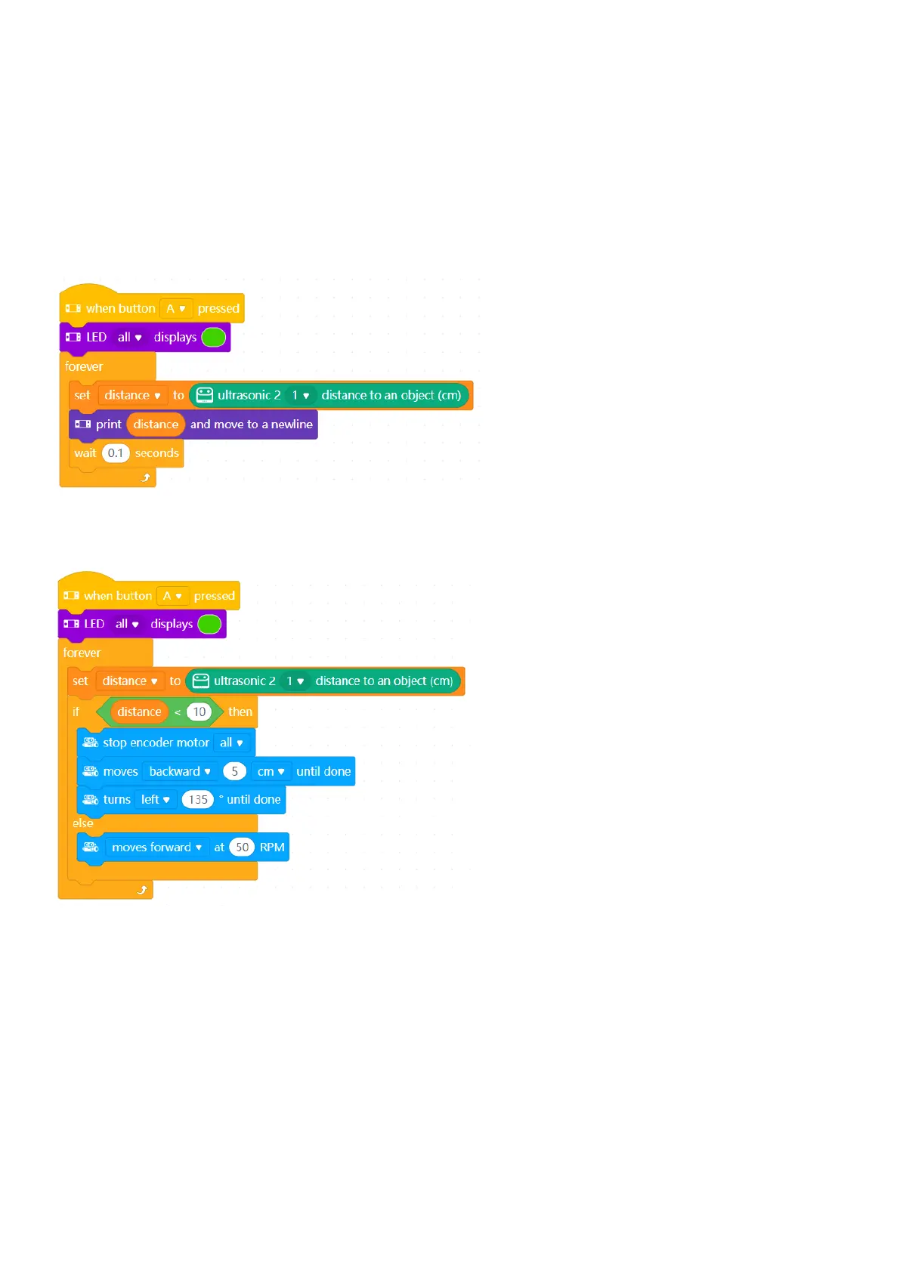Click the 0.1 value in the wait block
[x=116, y=453]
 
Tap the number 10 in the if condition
[x=199, y=712]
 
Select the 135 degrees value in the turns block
[x=198, y=799]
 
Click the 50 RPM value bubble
[x=242, y=847]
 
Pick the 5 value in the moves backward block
[x=234, y=771]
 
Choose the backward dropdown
[x=180, y=771]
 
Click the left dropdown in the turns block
[x=155, y=799]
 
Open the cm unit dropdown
[x=271, y=771]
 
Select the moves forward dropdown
[x=156, y=847]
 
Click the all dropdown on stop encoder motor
[x=231, y=743]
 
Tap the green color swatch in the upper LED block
[x=214, y=338]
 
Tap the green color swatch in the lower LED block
[x=209, y=624]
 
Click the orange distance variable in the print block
[x=156, y=425]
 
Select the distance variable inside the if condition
[x=139, y=712]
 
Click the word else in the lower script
[x=83, y=823]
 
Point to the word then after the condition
[x=240, y=712]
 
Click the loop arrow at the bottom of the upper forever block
[x=146, y=477]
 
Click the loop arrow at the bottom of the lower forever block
[x=142, y=890]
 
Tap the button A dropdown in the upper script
[x=176, y=309]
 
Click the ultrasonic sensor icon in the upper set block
[x=204, y=395]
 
